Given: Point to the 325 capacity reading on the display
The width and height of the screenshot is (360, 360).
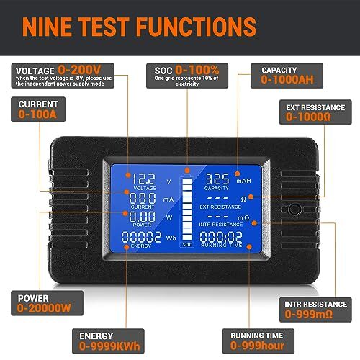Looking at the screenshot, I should (217, 179).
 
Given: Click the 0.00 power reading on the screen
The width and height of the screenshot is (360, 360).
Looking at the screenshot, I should (141, 217).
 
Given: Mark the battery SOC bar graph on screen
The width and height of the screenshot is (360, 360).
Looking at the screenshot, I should (186, 208).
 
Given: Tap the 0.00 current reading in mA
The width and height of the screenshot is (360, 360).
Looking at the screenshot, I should (141, 199).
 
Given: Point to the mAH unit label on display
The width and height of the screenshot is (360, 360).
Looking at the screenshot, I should (245, 181).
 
